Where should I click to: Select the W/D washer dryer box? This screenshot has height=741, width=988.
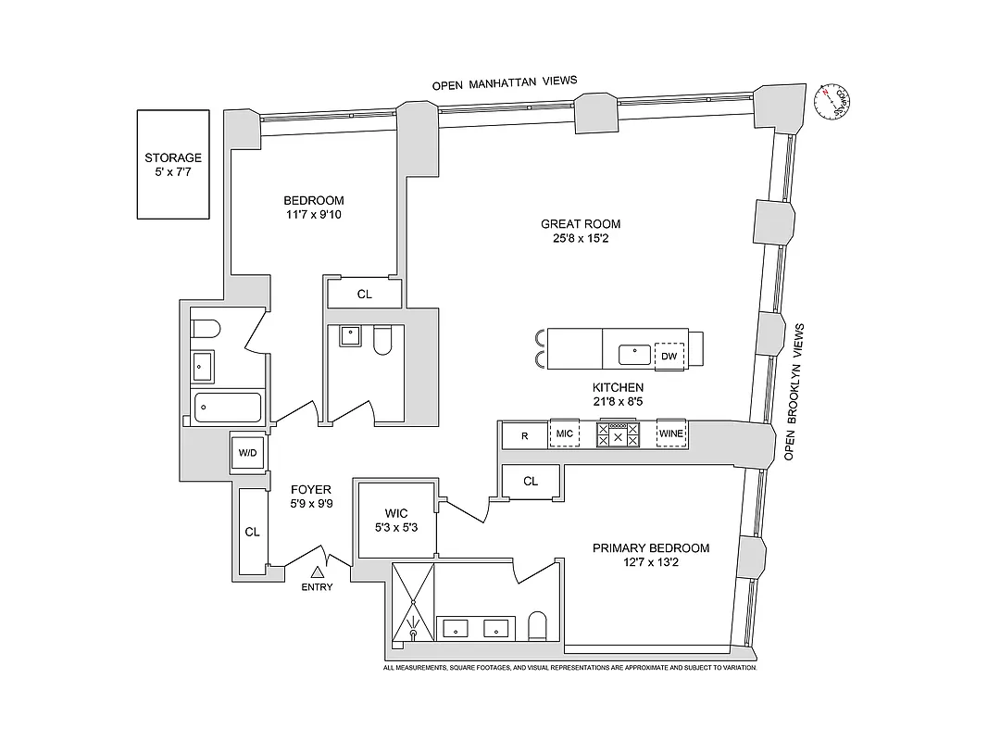(248, 453)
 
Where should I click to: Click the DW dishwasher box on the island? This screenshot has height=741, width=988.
(669, 354)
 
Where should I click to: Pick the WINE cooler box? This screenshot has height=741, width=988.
(670, 433)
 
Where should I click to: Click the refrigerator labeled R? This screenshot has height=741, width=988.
(524, 434)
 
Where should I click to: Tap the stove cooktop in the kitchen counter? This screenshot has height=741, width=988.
(617, 433)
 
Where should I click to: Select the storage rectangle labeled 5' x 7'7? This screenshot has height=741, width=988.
(173, 165)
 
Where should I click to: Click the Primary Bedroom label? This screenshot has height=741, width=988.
(651, 547)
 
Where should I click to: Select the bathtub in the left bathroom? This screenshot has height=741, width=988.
(228, 407)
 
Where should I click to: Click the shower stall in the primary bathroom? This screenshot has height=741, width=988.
(413, 602)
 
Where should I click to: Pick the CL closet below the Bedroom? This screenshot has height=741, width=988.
(364, 294)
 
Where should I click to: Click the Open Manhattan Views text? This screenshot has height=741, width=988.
(505, 82)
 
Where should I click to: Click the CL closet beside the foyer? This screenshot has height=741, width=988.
(252, 532)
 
